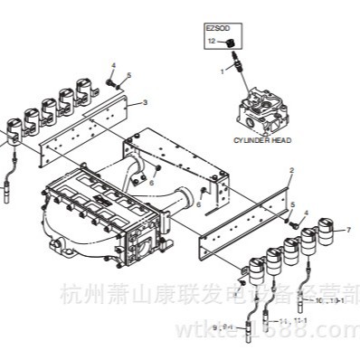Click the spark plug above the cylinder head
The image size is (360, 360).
point(238,67)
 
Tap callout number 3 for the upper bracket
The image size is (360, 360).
point(145,104)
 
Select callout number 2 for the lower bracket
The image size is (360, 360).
point(290,170)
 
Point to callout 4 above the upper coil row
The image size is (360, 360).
point(113,64)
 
